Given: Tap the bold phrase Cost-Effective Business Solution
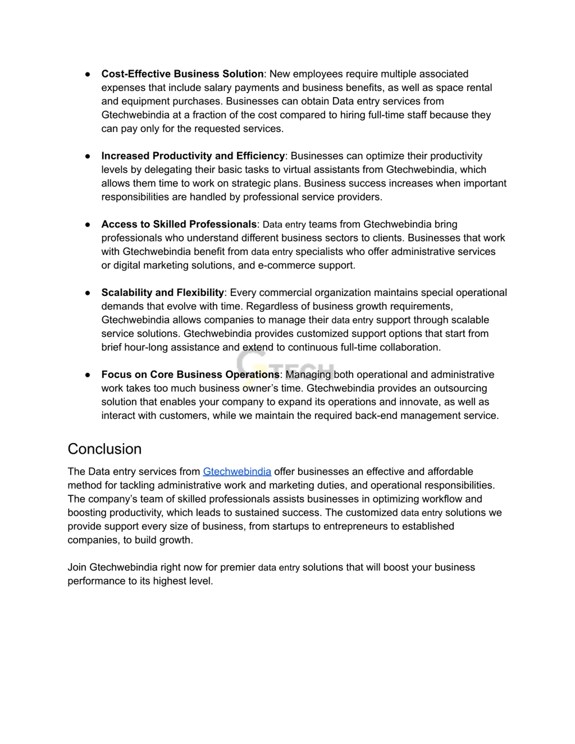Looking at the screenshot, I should pyautogui.click(x=182, y=74).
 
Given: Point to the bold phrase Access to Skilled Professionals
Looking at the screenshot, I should pyautogui.click(x=179, y=224).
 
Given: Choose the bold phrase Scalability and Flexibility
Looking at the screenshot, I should pyautogui.click(x=162, y=293).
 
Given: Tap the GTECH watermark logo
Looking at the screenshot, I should pyautogui.click(x=285, y=368).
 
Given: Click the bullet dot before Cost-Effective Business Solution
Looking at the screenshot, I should pyautogui.click(x=88, y=74).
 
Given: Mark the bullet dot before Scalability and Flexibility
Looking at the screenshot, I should pyautogui.click(x=88, y=293).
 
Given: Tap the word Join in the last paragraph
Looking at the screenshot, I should pyautogui.click(x=77, y=567).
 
